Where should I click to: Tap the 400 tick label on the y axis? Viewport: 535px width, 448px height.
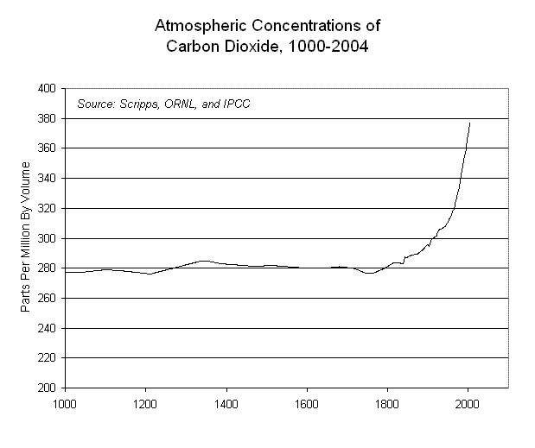point(47,88)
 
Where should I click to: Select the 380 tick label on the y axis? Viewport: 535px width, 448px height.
point(47,118)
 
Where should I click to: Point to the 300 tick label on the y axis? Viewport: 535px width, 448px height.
point(47,238)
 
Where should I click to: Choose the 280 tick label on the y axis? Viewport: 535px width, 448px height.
point(47,268)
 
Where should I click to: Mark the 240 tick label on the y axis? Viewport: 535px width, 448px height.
point(47,328)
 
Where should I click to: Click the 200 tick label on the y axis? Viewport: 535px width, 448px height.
point(47,388)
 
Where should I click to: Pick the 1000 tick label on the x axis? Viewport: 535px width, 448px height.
point(64,402)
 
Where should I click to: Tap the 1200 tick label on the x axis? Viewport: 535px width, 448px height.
point(145,402)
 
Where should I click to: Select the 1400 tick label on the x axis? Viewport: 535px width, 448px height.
point(226,402)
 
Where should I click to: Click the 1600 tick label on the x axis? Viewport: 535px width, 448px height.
point(307,402)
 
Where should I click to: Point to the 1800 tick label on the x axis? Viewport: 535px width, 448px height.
point(387,402)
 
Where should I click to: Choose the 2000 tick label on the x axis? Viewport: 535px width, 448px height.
point(468,402)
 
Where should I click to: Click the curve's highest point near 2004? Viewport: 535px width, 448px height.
point(469,123)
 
